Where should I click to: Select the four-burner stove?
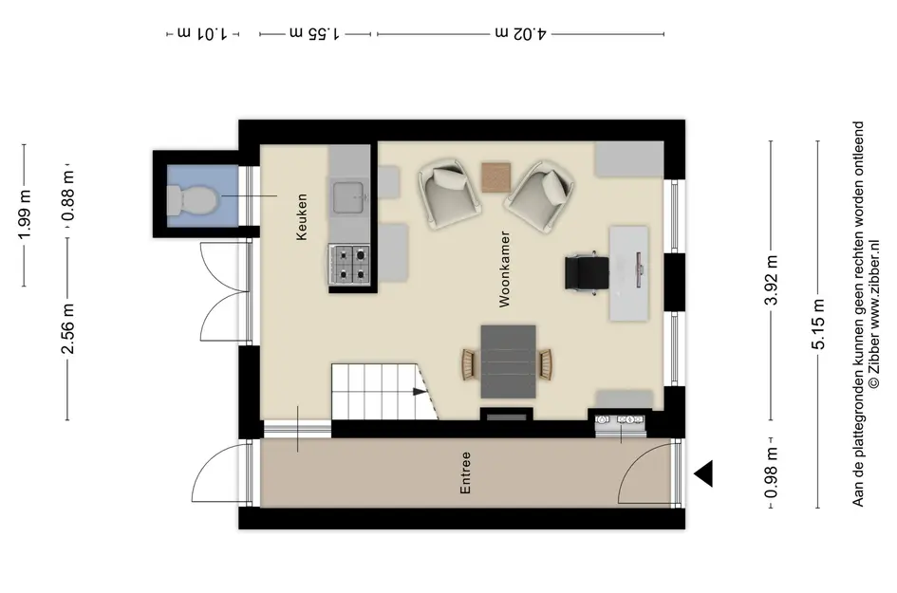348,265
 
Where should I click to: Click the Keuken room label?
302,217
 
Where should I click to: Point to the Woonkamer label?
505,269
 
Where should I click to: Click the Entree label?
465,473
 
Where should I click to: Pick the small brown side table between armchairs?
496,176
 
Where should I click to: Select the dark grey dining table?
508,361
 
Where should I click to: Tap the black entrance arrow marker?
704,473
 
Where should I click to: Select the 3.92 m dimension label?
773,280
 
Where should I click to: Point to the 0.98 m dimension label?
773,473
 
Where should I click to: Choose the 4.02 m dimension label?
520,34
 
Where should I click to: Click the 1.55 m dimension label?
315,34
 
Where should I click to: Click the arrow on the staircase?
417,390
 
